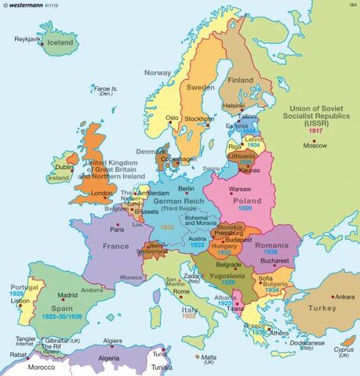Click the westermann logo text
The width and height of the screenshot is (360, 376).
tap(26, 5)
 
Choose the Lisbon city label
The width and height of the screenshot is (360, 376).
tap(9, 301)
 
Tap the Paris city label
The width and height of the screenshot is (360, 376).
tap(117, 230)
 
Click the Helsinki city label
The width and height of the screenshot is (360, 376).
tap(234, 105)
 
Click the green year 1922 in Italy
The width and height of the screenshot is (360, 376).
tap(188, 316)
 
